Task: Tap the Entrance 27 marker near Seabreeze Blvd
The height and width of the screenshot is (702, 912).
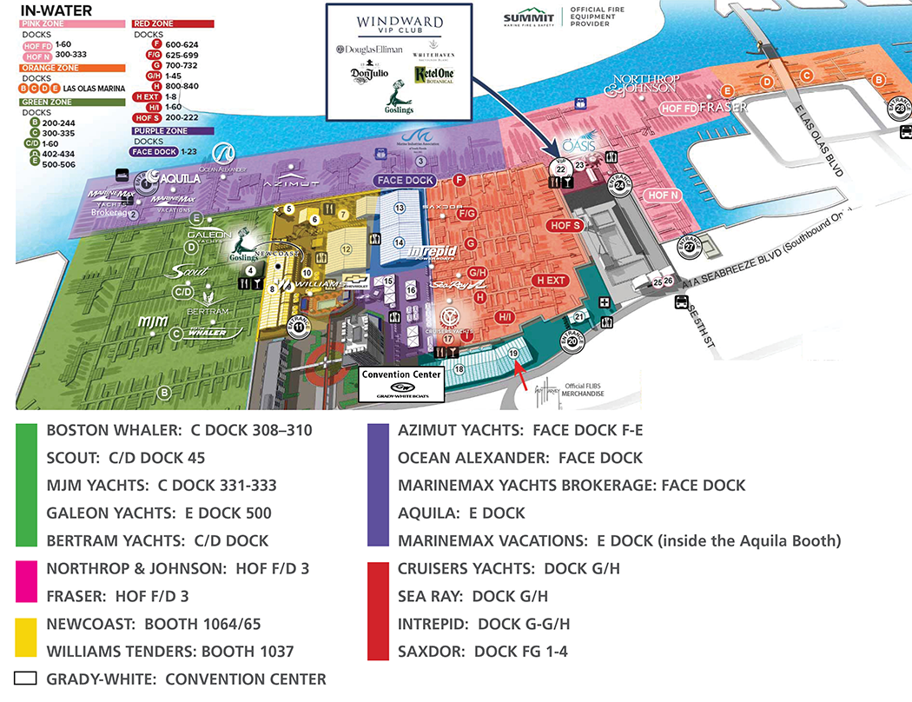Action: [x=690, y=247]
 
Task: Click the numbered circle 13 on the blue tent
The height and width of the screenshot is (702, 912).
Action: [x=400, y=209]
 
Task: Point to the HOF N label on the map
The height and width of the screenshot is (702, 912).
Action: [x=664, y=195]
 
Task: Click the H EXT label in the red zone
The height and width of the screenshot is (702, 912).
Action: [x=551, y=281]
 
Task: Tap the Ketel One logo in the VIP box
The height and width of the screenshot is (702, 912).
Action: [x=433, y=76]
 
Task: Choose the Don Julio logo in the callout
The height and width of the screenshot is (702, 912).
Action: [x=370, y=76]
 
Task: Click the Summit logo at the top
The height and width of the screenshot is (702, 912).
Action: [x=529, y=18]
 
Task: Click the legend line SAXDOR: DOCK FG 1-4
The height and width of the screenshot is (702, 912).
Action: [x=482, y=652]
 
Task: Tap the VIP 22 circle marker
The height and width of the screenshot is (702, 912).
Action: [x=560, y=166]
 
